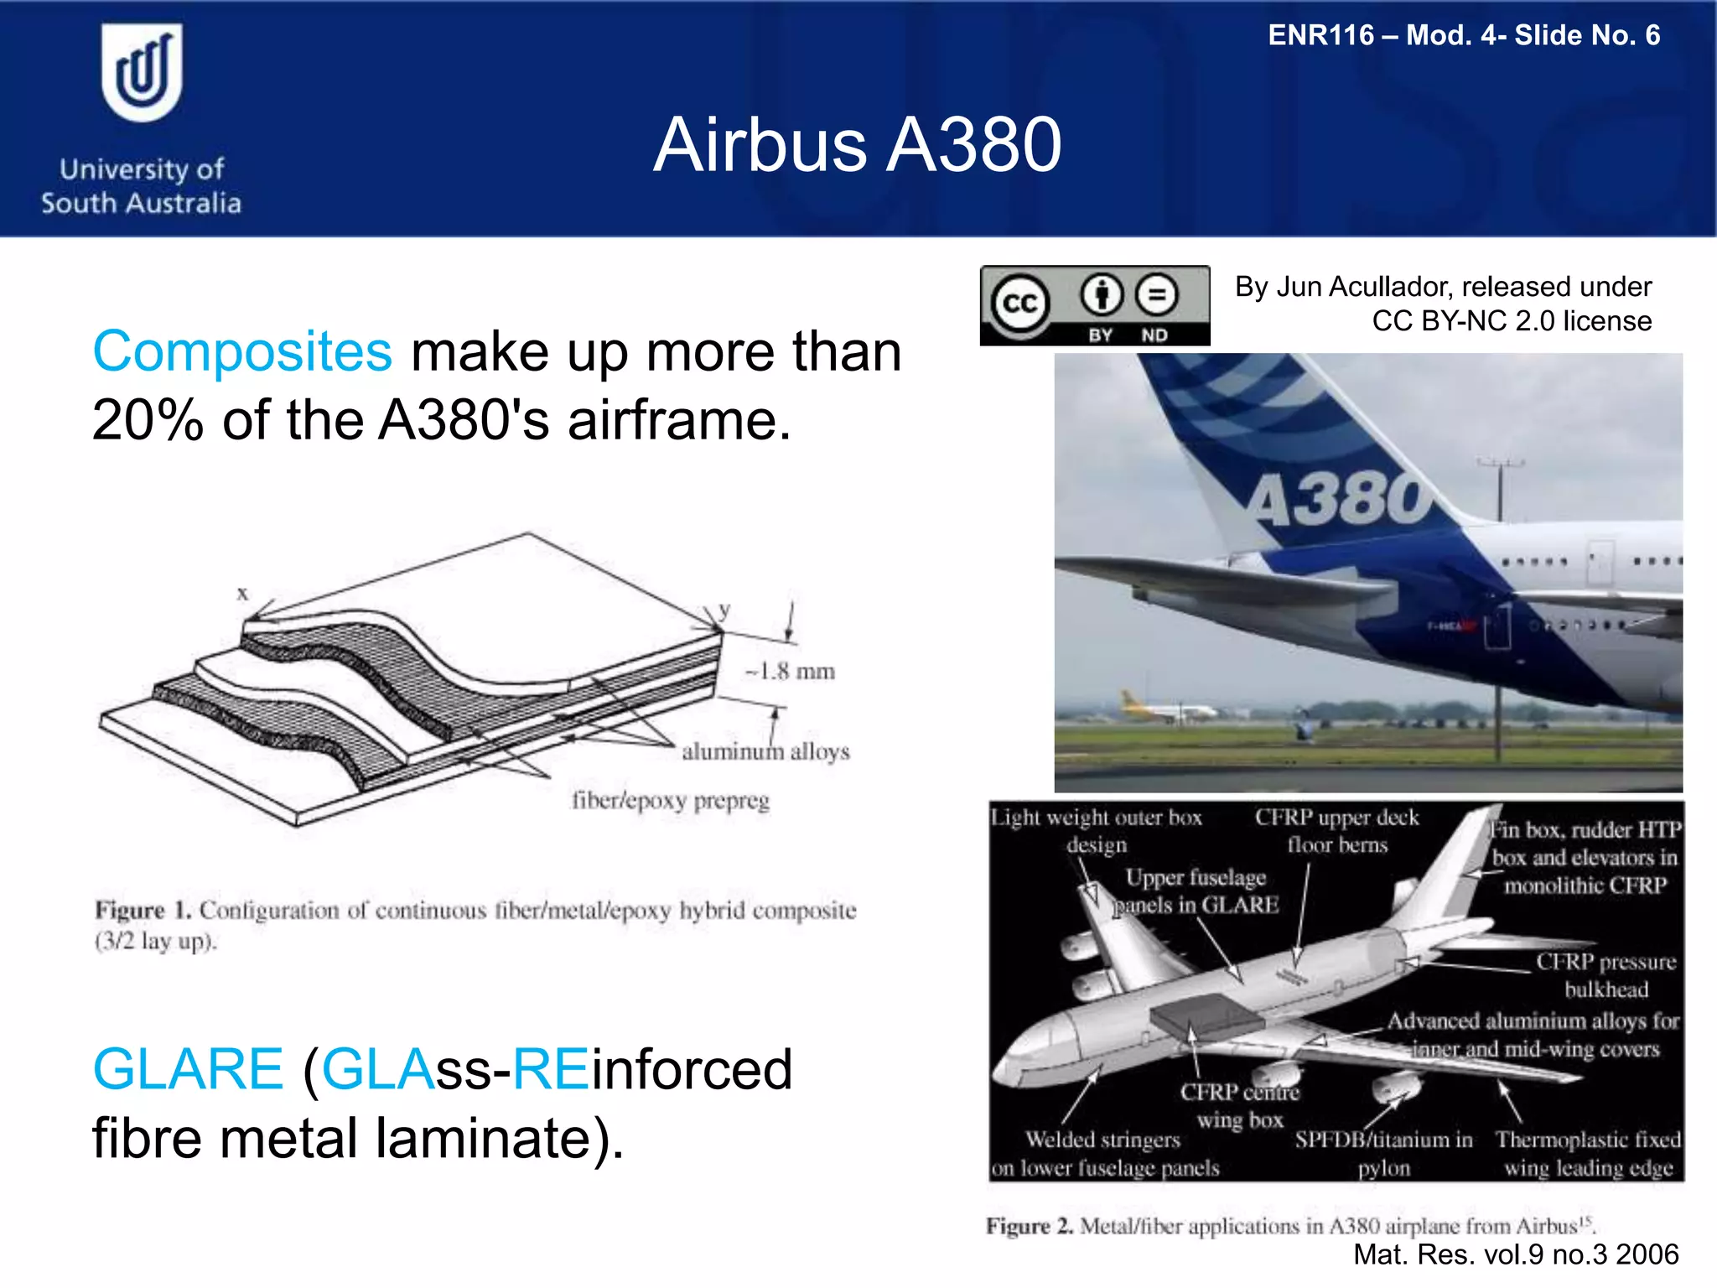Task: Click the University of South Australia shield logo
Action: point(142,73)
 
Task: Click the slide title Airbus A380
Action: point(857,145)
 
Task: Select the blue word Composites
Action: point(242,351)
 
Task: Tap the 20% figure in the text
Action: point(148,419)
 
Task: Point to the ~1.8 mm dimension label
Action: point(791,672)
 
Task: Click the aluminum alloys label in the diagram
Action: point(765,751)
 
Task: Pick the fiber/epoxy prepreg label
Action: point(671,801)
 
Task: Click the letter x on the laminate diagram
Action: point(242,594)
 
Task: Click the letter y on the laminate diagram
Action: point(724,609)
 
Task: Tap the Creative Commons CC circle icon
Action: point(1019,303)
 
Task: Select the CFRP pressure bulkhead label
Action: point(1605,975)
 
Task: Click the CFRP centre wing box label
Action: point(1239,1105)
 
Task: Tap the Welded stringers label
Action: point(1103,1140)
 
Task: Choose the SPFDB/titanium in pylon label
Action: point(1383,1153)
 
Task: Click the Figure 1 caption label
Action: point(143,911)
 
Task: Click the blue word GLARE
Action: point(188,1069)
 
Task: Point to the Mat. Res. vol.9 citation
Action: point(1516,1254)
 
